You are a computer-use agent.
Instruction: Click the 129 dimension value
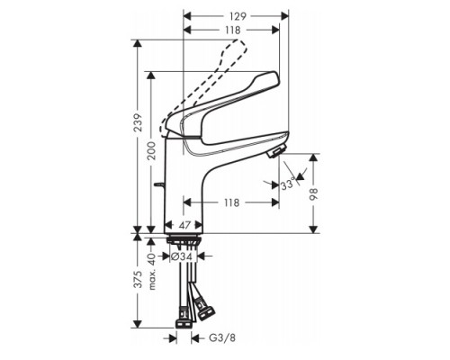tap(236, 16)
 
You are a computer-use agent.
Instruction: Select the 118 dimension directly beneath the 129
tap(231, 29)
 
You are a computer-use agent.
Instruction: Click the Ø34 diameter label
tap(183, 256)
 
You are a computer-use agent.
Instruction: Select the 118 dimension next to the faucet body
tap(232, 204)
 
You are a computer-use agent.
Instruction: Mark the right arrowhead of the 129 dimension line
tap(286, 16)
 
